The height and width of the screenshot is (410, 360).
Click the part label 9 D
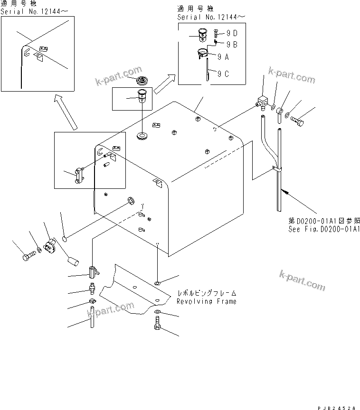tap(231, 33)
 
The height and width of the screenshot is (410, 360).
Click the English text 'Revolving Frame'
tap(206, 301)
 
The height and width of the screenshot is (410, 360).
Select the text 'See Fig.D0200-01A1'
tap(322, 229)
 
